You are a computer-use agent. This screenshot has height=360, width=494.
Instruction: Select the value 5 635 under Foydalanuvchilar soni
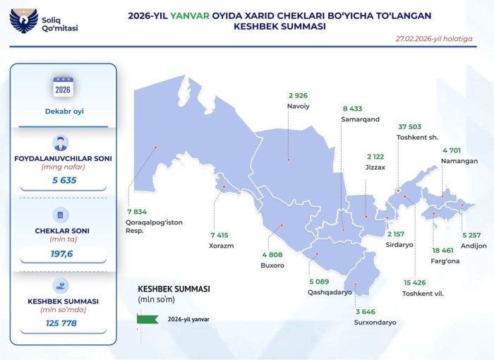click(x=63, y=180)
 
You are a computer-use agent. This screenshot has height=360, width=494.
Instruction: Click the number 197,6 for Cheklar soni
click(x=63, y=252)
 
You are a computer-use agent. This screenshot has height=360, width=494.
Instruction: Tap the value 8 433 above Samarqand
click(x=352, y=109)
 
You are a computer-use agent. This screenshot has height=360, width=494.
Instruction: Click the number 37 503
click(x=411, y=127)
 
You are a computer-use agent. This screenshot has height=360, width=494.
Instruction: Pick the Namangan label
click(x=460, y=161)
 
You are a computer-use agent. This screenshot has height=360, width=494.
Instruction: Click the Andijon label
click(x=474, y=246)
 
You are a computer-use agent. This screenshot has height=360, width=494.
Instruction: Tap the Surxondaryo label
click(x=375, y=322)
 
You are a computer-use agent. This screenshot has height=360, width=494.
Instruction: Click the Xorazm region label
click(x=221, y=246)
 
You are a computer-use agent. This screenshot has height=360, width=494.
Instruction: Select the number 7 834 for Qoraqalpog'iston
click(x=137, y=211)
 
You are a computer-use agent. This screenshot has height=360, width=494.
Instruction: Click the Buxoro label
click(x=272, y=265)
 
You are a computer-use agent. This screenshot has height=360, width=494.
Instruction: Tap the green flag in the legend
click(x=147, y=318)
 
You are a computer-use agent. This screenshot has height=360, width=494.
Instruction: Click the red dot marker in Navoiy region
click(x=289, y=160)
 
